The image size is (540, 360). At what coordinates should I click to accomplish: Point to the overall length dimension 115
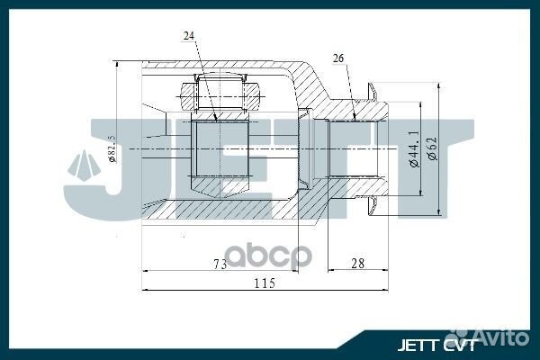(263, 284)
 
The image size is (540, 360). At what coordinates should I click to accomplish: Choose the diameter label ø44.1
(412, 149)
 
